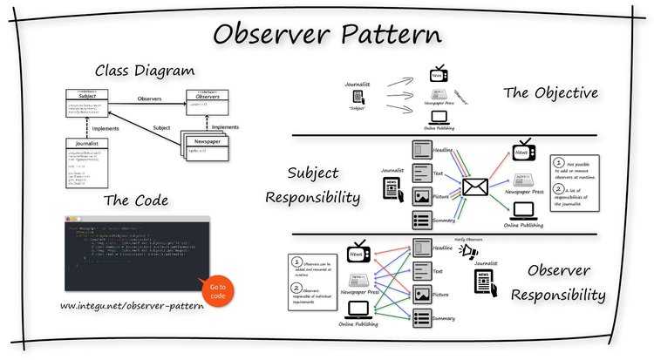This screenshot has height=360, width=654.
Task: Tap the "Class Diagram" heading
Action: coord(145,71)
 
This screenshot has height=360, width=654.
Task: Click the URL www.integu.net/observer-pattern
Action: coord(133,307)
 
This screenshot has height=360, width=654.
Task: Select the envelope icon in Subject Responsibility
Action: coord(475,186)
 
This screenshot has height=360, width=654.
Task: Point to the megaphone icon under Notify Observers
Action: coord(469,253)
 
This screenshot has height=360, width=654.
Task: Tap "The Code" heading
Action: coord(138,200)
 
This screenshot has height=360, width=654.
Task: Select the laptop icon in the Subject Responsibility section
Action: coord(524,210)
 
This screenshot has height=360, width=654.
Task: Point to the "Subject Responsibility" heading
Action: coord(324,185)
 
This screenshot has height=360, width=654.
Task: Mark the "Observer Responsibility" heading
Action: coord(558,283)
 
